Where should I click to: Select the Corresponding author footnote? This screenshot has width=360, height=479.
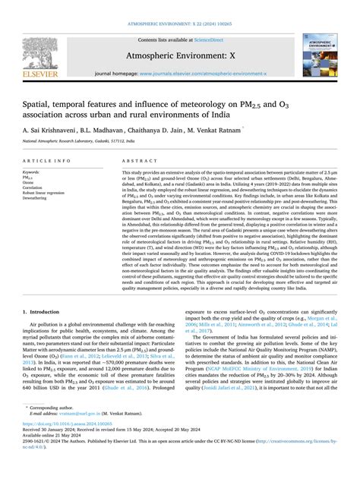62,429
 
